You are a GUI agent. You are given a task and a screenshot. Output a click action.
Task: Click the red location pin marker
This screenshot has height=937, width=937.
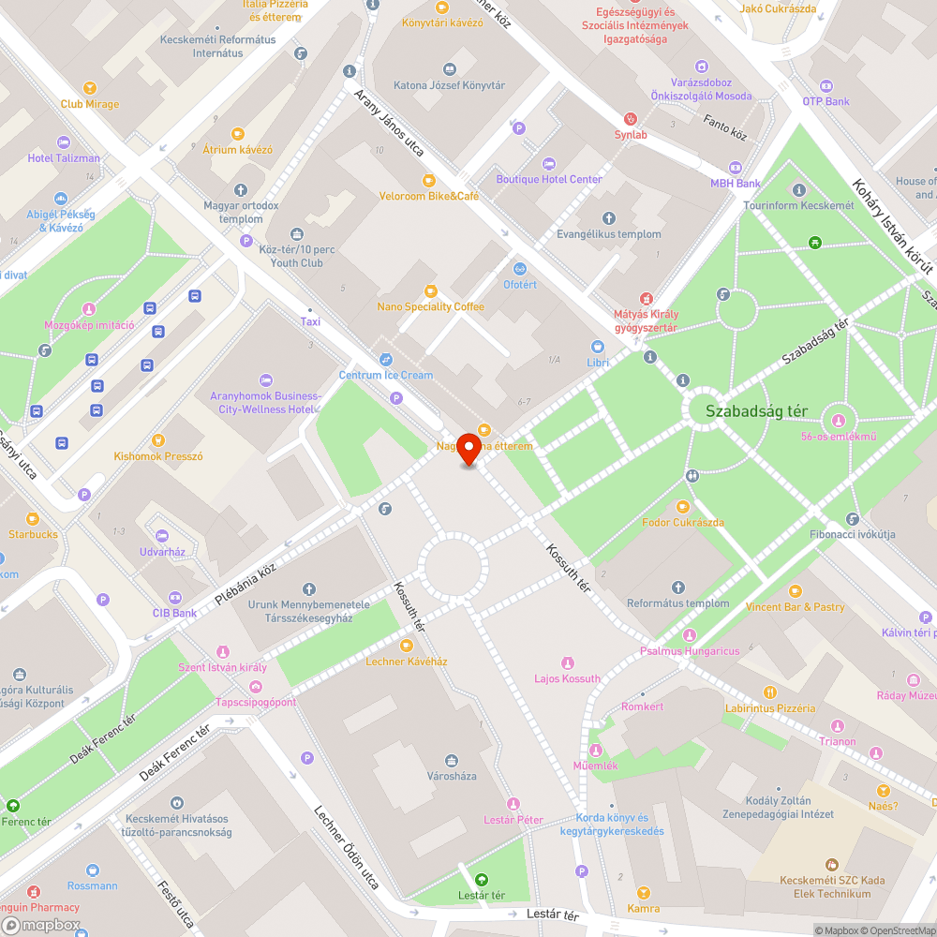tap(468, 450)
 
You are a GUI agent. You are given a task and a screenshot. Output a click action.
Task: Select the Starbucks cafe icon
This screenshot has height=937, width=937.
tap(33, 518)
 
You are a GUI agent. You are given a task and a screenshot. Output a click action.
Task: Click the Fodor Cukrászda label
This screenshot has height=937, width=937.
tap(682, 522)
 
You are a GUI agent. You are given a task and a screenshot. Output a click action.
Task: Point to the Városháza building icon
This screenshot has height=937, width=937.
tap(452, 760)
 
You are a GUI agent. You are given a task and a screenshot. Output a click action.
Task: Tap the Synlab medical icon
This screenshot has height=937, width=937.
tap(631, 119)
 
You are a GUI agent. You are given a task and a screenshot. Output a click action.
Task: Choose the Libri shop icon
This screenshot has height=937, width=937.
tap(597, 347)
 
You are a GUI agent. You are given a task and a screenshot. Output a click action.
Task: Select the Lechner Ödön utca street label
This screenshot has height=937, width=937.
tap(346, 859)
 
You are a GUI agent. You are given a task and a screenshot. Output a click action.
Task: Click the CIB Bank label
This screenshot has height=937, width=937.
tap(174, 613)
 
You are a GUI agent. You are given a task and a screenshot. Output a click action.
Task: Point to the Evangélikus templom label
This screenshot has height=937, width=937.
tap(608, 234)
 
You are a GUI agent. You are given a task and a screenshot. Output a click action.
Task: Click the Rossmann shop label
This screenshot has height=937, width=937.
tap(93, 885)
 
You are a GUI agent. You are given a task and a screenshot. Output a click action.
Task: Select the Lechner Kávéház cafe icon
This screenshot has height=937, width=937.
tap(406, 646)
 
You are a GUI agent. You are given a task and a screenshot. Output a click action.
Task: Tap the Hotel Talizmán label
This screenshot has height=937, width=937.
tap(64, 158)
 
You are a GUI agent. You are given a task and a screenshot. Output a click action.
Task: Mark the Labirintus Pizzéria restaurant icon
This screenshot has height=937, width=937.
tap(770, 692)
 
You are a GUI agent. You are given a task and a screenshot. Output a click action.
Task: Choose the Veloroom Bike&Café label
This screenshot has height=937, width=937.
tap(428, 196)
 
